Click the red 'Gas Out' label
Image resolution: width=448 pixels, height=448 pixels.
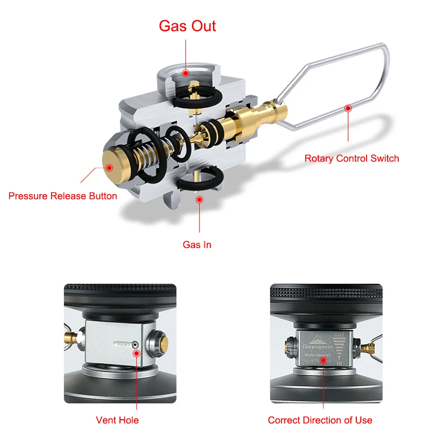pos(187,26)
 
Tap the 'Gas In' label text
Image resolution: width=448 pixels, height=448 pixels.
pos(197,245)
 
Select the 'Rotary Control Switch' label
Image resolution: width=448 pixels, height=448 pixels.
pos(352,158)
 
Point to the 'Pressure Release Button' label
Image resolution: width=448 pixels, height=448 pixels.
pos(63,196)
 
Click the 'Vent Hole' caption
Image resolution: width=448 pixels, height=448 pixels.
pos(117,420)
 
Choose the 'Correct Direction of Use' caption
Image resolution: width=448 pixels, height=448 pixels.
pos(320,420)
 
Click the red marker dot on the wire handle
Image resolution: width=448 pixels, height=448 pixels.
pos(348,108)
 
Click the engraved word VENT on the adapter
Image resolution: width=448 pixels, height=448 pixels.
pos(123,345)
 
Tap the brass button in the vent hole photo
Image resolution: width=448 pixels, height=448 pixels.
pos(163,344)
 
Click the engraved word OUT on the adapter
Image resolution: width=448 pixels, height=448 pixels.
pos(339,335)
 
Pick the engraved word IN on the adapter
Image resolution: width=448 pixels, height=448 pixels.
pos(339,363)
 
